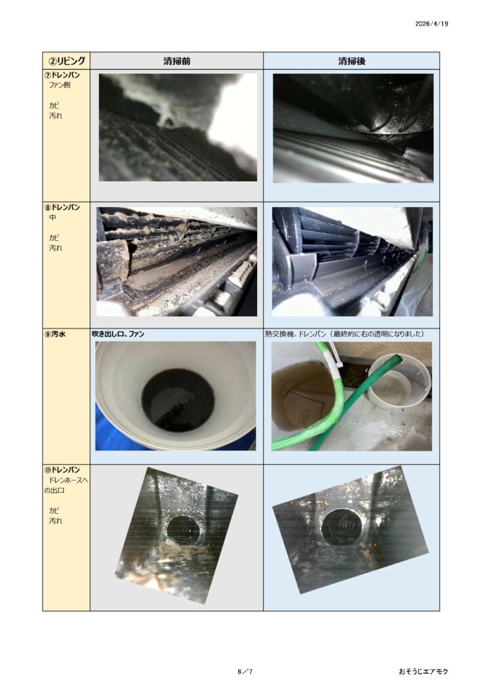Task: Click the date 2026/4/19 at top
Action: (x=431, y=24)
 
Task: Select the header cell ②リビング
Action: (x=66, y=60)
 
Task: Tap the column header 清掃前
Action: (x=176, y=61)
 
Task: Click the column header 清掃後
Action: (x=351, y=61)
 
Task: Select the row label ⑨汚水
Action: (x=55, y=334)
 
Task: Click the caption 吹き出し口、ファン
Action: (x=118, y=334)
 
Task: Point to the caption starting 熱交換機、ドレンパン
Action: (x=345, y=334)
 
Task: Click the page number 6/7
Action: (x=245, y=671)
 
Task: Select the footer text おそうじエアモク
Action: (x=423, y=671)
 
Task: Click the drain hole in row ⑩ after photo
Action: (x=340, y=527)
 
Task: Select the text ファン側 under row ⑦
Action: (x=59, y=85)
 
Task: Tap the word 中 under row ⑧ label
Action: (x=53, y=218)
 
